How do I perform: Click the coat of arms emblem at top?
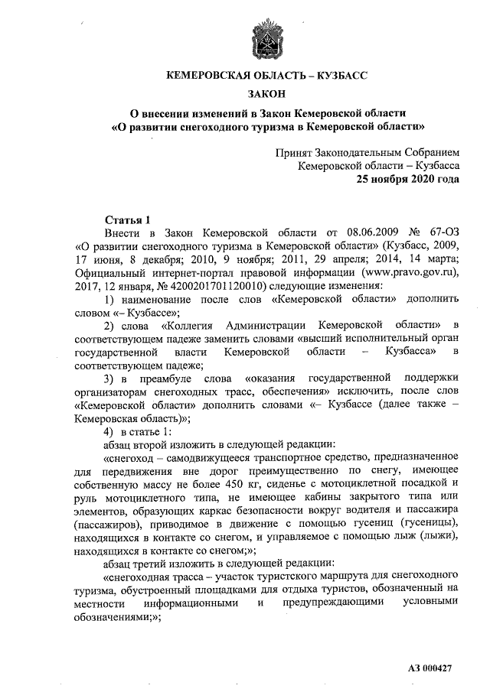tap(266, 38)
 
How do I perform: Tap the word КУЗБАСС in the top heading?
tap(341, 76)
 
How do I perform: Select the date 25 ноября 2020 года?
tap(406, 180)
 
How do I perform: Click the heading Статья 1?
tap(126, 219)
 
